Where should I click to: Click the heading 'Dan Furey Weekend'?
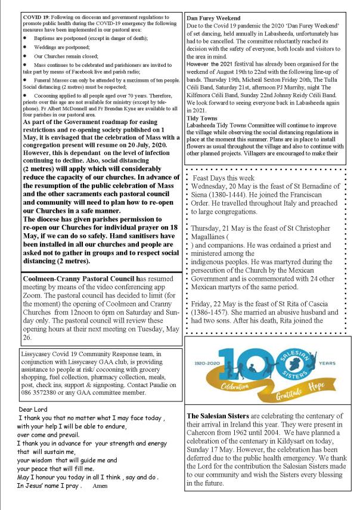click(x=216, y=18)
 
